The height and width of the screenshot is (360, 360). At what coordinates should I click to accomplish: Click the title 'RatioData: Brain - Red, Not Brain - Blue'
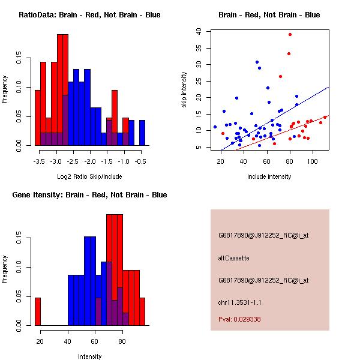pos(89,15)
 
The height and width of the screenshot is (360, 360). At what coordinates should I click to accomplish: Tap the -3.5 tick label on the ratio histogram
pos(39,162)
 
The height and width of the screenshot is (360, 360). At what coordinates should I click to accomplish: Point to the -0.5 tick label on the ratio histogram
pos(142,162)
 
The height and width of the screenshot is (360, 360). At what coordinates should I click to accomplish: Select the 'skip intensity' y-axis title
pos(185,90)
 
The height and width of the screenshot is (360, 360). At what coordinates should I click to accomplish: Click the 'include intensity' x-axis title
pos(269,177)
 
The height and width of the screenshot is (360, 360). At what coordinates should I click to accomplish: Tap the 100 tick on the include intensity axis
pos(311,161)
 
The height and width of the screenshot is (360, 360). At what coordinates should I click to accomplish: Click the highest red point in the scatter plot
pos(290,34)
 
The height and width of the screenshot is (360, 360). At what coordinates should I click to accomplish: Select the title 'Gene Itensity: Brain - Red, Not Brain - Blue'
pos(89,195)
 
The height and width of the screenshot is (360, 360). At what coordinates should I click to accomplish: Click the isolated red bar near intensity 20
pos(38,311)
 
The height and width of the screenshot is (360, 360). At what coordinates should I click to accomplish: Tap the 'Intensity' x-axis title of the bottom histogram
pos(89,356)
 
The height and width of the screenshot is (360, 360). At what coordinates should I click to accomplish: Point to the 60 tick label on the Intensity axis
pos(94,341)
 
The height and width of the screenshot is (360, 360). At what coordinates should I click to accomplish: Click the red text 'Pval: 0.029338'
pos(239,319)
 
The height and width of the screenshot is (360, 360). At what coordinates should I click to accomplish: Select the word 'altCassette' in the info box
pos(233,258)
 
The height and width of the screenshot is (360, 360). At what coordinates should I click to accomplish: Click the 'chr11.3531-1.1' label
pos(239,302)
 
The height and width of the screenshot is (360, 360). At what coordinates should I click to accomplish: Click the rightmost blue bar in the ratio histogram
pos(142,133)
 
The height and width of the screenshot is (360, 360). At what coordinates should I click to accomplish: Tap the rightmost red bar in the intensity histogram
pos(142,311)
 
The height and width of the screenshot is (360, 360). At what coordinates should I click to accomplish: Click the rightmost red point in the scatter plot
pos(325,117)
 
